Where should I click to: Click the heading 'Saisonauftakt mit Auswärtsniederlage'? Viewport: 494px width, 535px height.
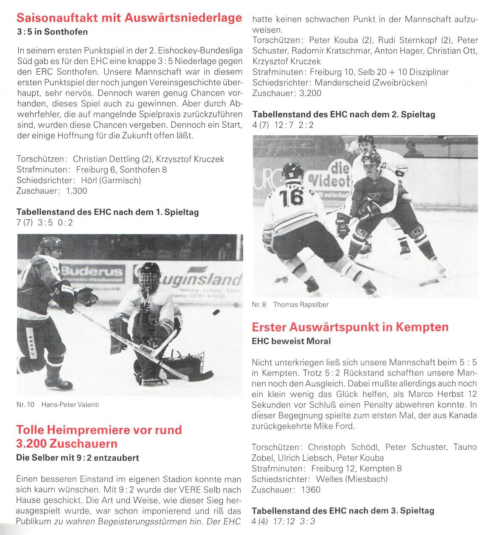129,18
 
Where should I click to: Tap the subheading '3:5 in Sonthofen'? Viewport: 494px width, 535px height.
52,32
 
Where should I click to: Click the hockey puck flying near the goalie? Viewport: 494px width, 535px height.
216,312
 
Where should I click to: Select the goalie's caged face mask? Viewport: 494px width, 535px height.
149,278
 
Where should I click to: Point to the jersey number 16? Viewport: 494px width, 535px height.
293,197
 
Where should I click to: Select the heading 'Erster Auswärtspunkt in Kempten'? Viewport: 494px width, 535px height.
350,327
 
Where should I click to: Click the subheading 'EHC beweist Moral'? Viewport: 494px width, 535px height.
291,341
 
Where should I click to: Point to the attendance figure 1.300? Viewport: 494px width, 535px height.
76,191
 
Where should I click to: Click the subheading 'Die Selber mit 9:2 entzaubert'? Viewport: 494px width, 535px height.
77,458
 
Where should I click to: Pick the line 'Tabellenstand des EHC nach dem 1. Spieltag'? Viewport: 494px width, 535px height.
107,212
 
